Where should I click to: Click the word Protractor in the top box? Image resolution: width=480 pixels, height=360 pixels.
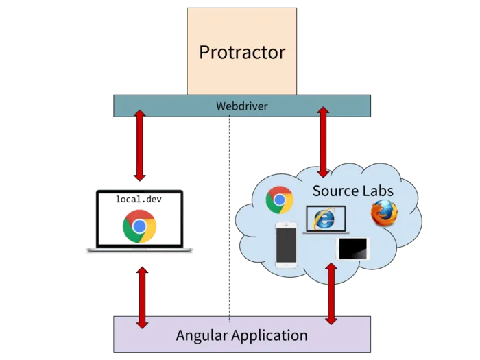coord(242,52)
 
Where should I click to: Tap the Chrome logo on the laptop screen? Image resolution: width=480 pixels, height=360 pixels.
coord(140,226)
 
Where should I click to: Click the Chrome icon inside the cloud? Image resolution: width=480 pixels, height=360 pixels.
coord(280,200)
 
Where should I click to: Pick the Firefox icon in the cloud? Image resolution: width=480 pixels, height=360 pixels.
coord(384,213)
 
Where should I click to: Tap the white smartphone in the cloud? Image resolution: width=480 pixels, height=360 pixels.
coord(285,244)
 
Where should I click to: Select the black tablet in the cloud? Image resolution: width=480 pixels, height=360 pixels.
coord(353,249)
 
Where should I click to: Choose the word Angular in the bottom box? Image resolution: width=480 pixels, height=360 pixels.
coord(204,335)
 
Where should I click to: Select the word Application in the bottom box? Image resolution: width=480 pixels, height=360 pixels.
coord(270,335)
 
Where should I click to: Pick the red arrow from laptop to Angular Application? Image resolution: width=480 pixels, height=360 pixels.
coord(143,297)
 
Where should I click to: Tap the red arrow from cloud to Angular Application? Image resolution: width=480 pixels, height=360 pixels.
coord(332,293)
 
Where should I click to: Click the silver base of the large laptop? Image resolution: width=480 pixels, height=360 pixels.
coord(140,252)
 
